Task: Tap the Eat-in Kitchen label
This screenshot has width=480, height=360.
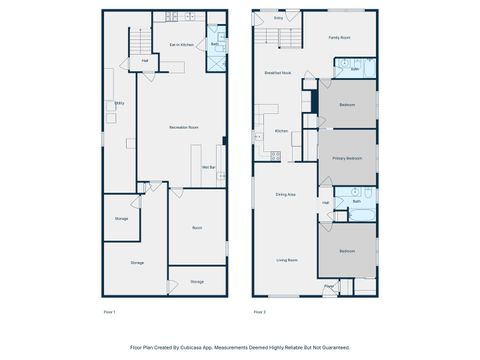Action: click(x=181, y=45)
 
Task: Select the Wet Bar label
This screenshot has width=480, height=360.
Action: click(x=210, y=167)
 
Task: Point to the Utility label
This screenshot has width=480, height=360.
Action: click(x=118, y=103)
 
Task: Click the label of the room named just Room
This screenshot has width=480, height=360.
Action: click(x=197, y=228)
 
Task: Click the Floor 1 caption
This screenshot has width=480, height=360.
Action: click(x=110, y=312)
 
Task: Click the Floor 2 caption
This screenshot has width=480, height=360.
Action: click(x=259, y=312)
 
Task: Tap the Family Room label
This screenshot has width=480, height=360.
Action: click(x=340, y=37)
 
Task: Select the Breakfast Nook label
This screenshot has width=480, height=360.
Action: click(x=278, y=73)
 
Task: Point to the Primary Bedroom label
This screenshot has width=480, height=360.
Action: click(x=347, y=158)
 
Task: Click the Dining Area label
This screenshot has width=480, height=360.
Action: click(x=285, y=194)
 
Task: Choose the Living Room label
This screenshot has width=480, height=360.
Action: click(x=287, y=260)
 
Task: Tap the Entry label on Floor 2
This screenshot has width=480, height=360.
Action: click(x=278, y=18)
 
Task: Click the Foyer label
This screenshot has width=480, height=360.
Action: click(x=329, y=287)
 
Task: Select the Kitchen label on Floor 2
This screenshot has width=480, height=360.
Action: click(x=282, y=131)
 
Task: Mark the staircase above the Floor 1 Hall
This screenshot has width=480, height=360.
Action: click(x=141, y=42)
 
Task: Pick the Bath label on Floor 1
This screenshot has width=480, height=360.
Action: click(x=215, y=45)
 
